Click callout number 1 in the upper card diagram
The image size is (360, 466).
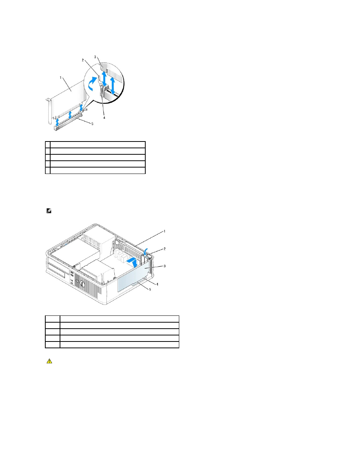[x=61, y=78]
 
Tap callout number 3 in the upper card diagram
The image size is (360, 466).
[x=95, y=57]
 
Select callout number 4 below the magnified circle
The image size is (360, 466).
[x=104, y=118]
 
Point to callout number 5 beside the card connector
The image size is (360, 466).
[x=92, y=124]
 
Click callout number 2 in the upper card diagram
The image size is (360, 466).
[x=83, y=60]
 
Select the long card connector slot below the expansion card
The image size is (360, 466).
[x=68, y=122]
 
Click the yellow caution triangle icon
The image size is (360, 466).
[x=49, y=361]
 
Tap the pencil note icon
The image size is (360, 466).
[x=49, y=211]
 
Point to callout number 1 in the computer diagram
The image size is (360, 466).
[x=165, y=231]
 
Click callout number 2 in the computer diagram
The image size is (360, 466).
[x=165, y=249]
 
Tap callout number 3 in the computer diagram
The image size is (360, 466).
[x=165, y=266]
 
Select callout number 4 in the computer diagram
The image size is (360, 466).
[x=157, y=285]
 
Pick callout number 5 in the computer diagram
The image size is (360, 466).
[x=150, y=289]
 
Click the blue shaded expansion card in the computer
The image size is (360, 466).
[x=133, y=277]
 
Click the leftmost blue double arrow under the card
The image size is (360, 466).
[x=57, y=122]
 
